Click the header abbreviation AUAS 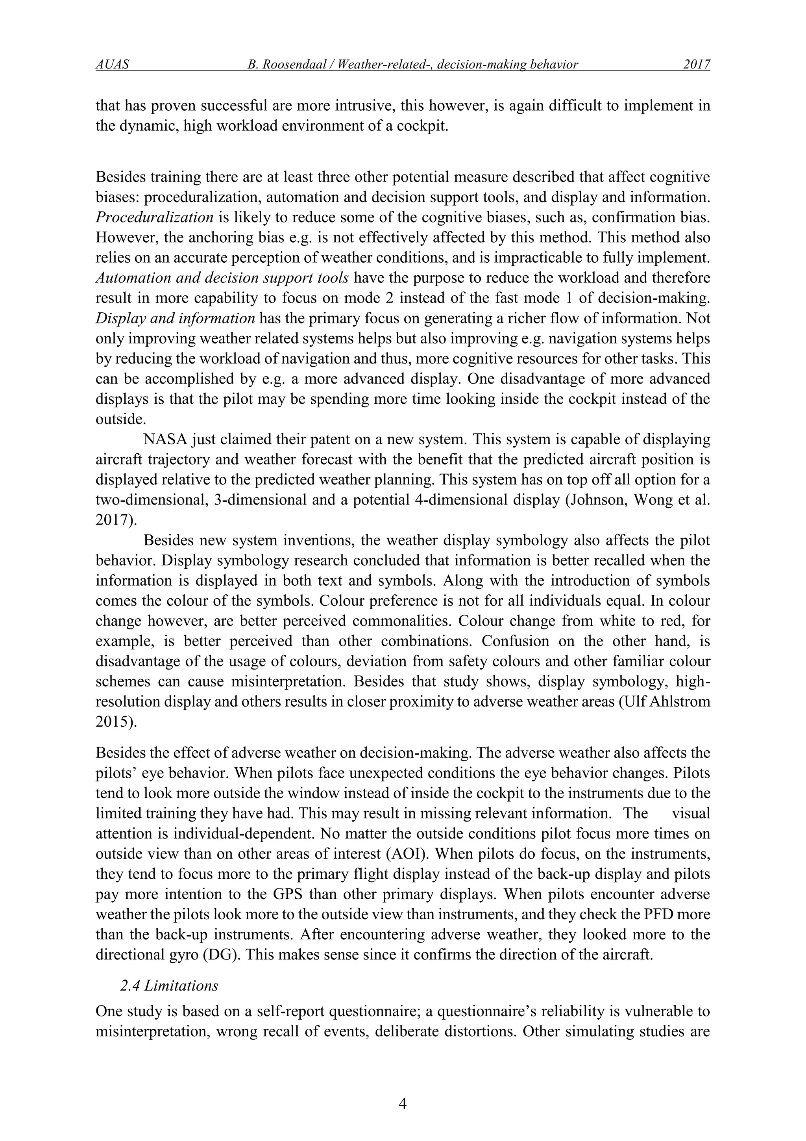click(112, 65)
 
